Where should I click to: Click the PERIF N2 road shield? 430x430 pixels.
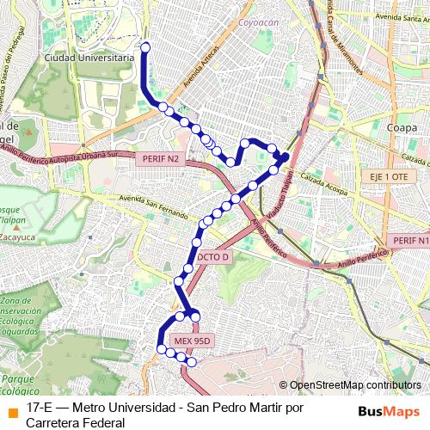pyautogui.click(x=161, y=159)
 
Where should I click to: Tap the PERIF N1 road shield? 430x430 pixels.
pyautogui.click(x=409, y=240)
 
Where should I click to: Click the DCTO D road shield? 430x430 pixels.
pyautogui.click(x=213, y=256)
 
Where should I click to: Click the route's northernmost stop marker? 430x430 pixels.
pyautogui.click(x=145, y=47)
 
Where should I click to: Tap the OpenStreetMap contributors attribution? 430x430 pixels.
pyautogui.click(x=355, y=385)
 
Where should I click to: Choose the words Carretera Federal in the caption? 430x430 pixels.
pyautogui.click(x=76, y=422)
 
